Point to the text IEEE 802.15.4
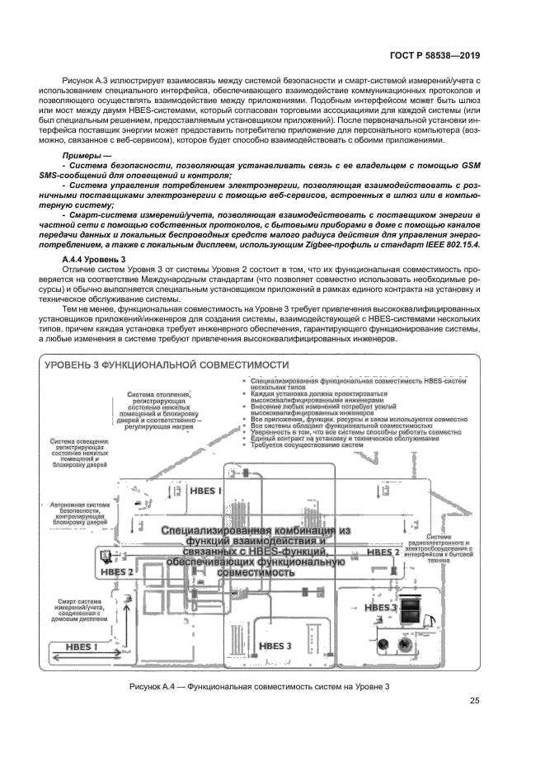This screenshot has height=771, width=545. (x=452, y=245)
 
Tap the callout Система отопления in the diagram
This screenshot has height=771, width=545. (x=159, y=411)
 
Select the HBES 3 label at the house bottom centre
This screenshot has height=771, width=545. (x=275, y=646)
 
